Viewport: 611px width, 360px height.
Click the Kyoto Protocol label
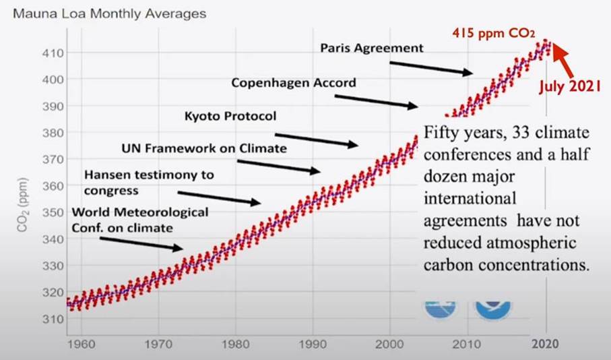click(x=230, y=116)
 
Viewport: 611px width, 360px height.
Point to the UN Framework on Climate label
click(x=204, y=148)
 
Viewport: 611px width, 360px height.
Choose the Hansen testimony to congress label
click(x=148, y=182)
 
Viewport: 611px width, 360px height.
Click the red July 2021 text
click(x=573, y=86)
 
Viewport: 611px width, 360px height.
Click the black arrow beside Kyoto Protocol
click(x=316, y=138)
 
